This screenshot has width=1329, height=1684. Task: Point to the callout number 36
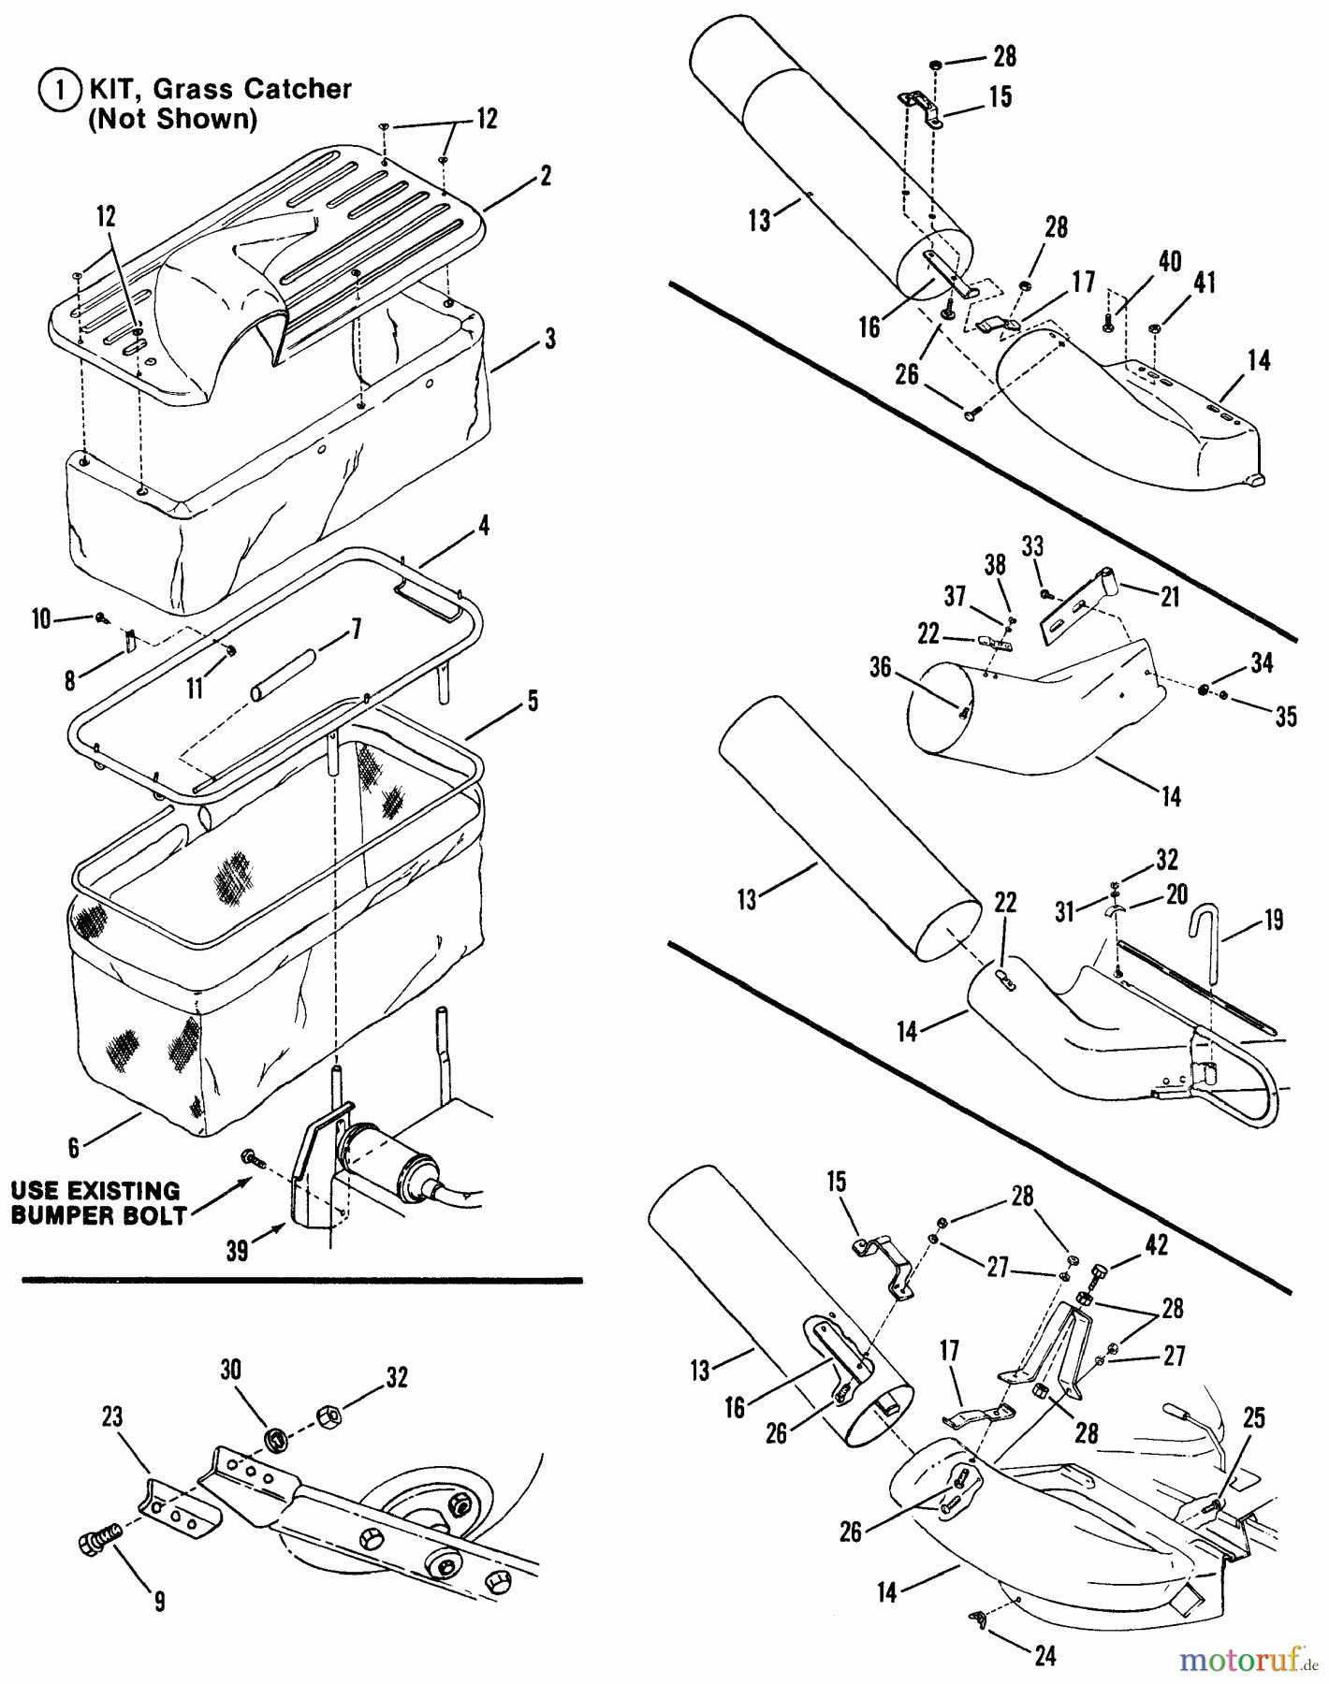[x=880, y=667]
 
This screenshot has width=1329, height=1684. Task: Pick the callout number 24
[x=1044, y=1655]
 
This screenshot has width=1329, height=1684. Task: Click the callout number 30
[x=230, y=1370]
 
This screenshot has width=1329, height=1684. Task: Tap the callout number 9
[x=160, y=1602]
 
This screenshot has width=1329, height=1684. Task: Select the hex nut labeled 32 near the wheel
[x=330, y=1414]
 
